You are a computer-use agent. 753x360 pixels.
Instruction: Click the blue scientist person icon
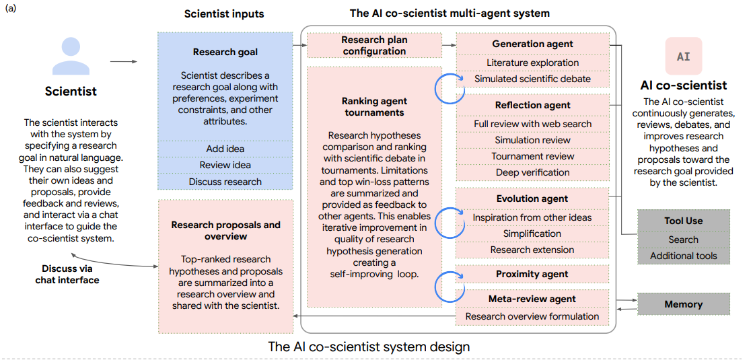click(x=71, y=57)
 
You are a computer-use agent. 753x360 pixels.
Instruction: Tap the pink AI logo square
click(x=683, y=57)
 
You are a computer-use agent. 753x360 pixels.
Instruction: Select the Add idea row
click(x=225, y=149)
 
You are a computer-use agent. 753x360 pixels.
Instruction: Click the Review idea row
click(x=225, y=165)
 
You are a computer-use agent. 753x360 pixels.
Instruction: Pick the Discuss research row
click(x=225, y=182)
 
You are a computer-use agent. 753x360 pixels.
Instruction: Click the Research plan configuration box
click(x=374, y=46)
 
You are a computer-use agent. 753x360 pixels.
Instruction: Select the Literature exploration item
click(x=532, y=63)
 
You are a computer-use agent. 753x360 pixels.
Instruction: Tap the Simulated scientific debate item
click(x=532, y=79)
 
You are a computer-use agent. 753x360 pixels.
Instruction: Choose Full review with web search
click(x=532, y=124)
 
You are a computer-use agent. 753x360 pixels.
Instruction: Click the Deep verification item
click(x=532, y=172)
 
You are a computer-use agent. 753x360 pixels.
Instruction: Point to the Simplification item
click(x=532, y=233)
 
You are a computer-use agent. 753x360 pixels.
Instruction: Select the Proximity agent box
click(x=532, y=274)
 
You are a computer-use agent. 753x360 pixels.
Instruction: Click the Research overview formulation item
click(x=532, y=316)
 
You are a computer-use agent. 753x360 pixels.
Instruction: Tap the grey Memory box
click(x=683, y=304)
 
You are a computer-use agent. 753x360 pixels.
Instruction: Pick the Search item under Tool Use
click(x=683, y=240)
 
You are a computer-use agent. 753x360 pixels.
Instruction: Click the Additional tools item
click(x=683, y=256)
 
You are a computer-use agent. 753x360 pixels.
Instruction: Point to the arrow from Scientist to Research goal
click(x=123, y=62)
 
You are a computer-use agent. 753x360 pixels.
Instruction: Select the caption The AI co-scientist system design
click(x=369, y=347)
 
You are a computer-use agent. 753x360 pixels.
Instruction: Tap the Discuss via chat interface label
click(x=67, y=274)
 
